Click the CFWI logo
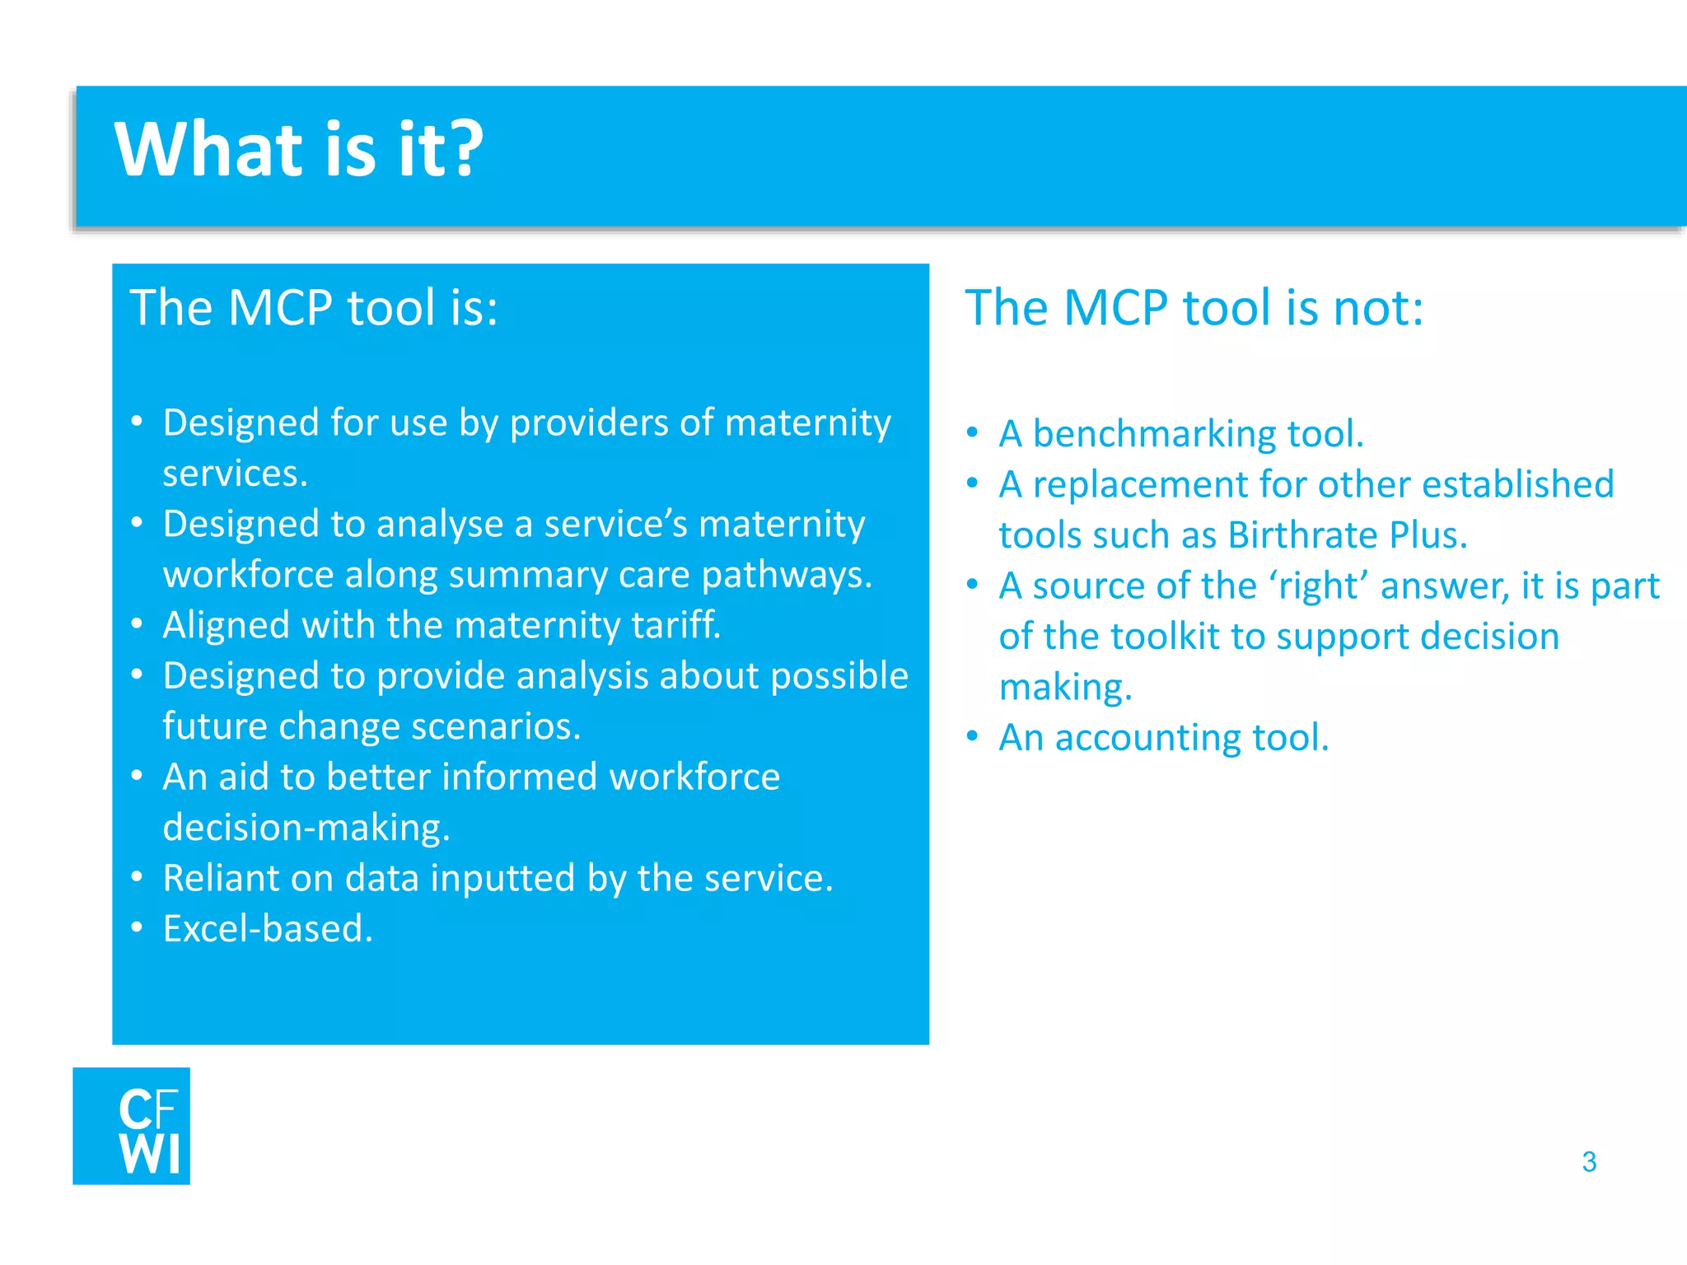(x=132, y=1126)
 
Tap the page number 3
(x=1589, y=1161)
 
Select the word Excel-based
(x=268, y=929)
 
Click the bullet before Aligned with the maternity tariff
(x=138, y=624)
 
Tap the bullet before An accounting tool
(x=973, y=736)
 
